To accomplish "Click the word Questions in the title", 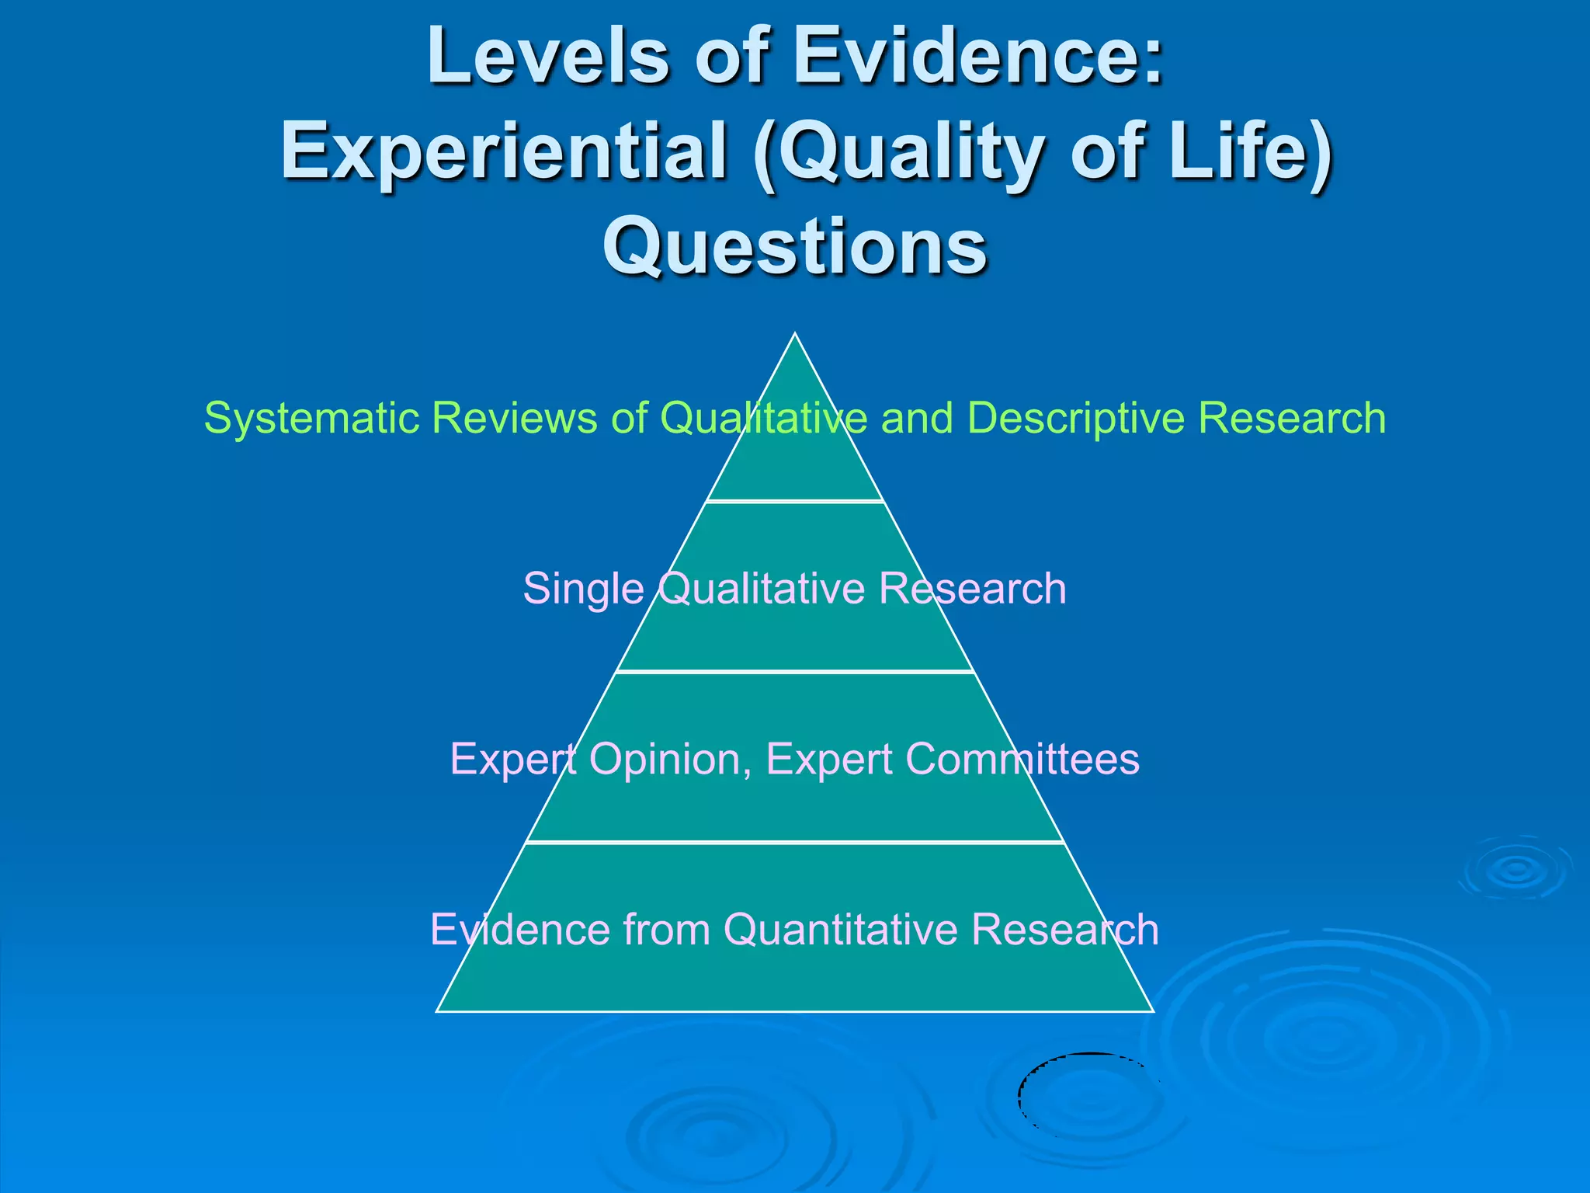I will (795, 245).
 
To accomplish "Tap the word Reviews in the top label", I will (514, 418).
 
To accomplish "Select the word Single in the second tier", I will (583, 589).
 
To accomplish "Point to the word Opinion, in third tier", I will (670, 759).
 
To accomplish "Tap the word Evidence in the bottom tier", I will (519, 930).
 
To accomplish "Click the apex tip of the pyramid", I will (795, 334).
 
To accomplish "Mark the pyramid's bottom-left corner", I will (437, 1011).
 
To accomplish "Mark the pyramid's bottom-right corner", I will (1154, 1011).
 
